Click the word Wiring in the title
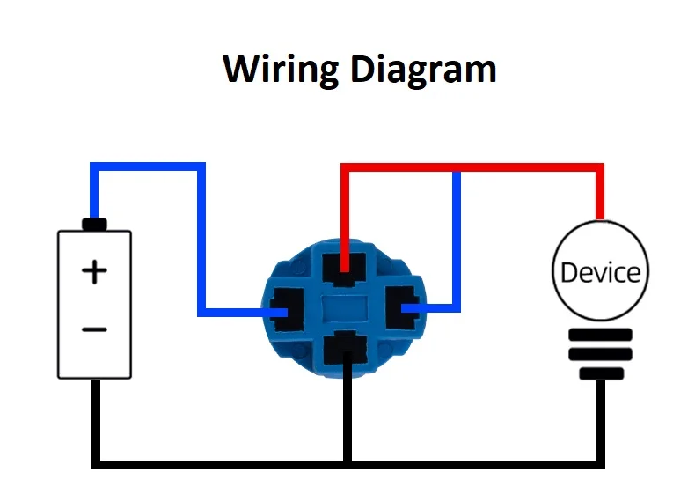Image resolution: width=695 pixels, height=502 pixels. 281,70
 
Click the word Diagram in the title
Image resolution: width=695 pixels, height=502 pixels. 423,70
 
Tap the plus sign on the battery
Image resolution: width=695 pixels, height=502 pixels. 94,271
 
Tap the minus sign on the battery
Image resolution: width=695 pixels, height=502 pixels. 94,329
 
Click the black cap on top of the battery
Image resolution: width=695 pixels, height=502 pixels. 94,225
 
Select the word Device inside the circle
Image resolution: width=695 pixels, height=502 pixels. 601,272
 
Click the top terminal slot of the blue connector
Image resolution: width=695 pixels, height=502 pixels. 344,269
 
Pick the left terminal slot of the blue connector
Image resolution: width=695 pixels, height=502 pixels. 287,310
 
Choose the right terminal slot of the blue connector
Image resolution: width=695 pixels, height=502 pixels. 402,308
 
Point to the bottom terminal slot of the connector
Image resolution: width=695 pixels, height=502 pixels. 346,348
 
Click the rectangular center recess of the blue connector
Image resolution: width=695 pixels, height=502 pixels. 345,308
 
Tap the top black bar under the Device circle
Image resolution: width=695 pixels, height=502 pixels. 601,335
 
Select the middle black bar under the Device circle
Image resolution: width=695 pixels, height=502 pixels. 601,354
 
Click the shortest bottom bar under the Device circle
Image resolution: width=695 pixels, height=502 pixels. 602,373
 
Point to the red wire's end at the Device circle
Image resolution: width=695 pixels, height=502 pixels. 600,218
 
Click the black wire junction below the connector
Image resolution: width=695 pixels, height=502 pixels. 348,465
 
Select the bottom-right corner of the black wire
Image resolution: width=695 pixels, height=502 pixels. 601,465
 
